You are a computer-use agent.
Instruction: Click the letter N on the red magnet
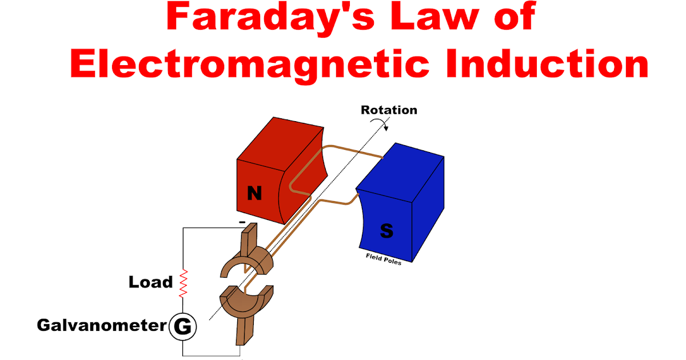[254, 194]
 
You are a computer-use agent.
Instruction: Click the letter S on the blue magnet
[386, 231]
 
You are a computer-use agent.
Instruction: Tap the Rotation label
[389, 110]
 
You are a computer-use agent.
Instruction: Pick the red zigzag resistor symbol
[184, 283]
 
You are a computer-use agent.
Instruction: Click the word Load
[150, 282]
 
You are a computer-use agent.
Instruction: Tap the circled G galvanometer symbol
[183, 327]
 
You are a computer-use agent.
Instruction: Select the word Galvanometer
[102, 326]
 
